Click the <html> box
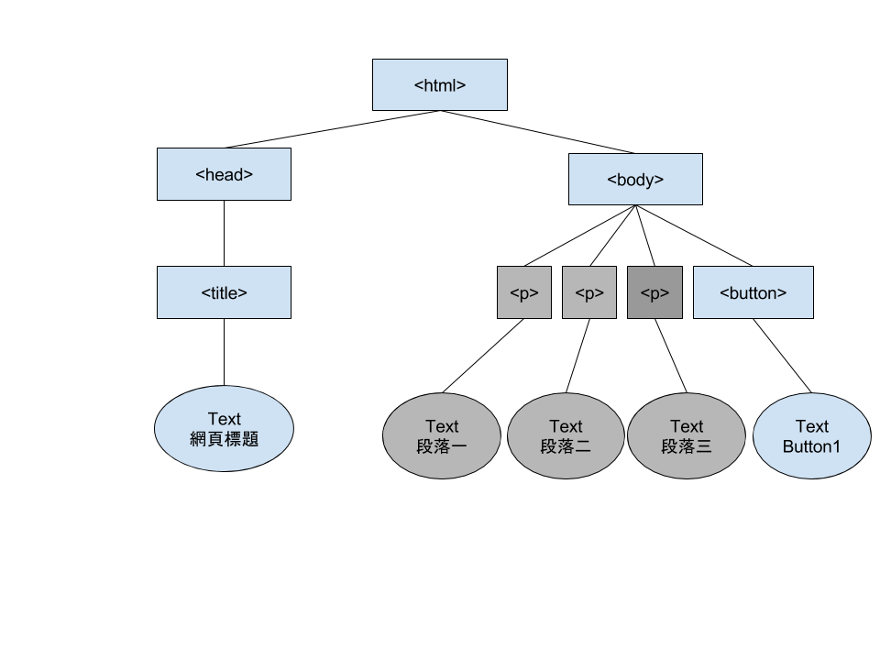[x=440, y=85]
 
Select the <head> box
[x=224, y=174]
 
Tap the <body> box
[x=635, y=180]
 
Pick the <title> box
[x=224, y=292]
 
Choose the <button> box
[x=753, y=292]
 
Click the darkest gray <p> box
[x=654, y=292]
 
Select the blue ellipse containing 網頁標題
[x=224, y=428]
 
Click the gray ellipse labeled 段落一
[x=442, y=436]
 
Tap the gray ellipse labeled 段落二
[x=566, y=436]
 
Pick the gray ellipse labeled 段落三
[x=687, y=436]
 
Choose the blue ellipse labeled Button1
[x=811, y=436]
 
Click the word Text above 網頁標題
[x=224, y=419]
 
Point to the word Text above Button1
[x=811, y=426]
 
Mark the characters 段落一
[x=442, y=446]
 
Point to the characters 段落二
[x=566, y=446]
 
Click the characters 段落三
[x=687, y=446]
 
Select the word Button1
[x=811, y=446]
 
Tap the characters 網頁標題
[x=224, y=439]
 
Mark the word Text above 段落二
[x=566, y=426]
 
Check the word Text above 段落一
[x=442, y=426]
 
